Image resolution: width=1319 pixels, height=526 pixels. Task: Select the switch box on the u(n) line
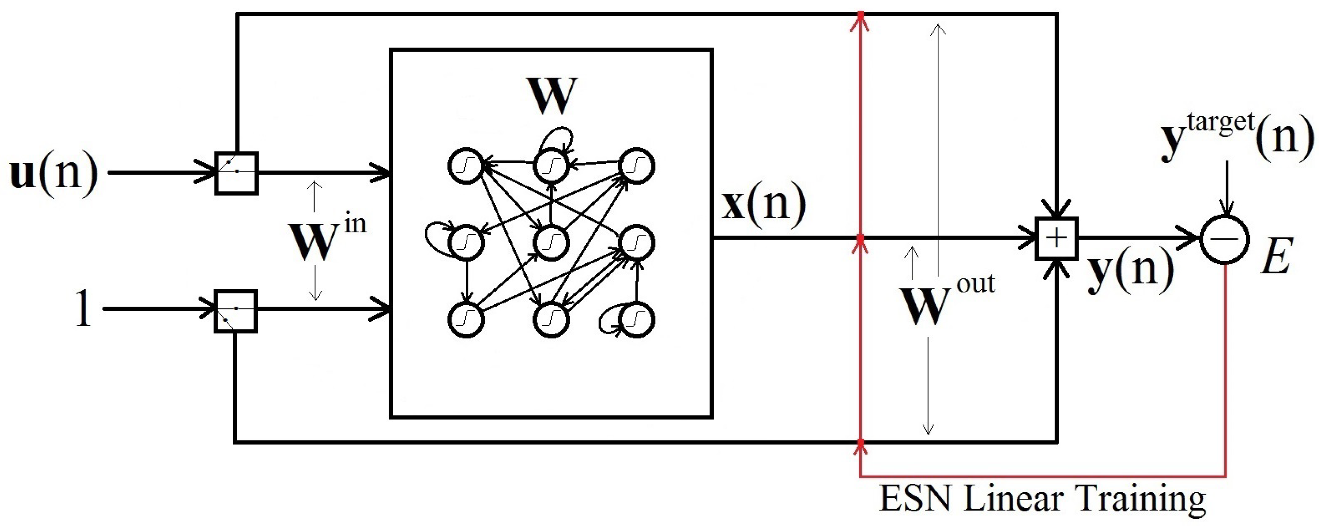point(236,173)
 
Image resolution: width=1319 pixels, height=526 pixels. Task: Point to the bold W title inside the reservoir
point(551,96)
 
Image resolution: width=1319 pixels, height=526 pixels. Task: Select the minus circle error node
point(1225,239)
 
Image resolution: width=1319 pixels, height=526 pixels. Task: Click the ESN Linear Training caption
point(1042,499)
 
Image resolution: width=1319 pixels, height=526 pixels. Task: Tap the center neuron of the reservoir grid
point(551,242)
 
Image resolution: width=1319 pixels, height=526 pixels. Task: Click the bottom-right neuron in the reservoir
point(636,319)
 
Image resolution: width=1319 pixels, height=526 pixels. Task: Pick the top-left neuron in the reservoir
point(466,165)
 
